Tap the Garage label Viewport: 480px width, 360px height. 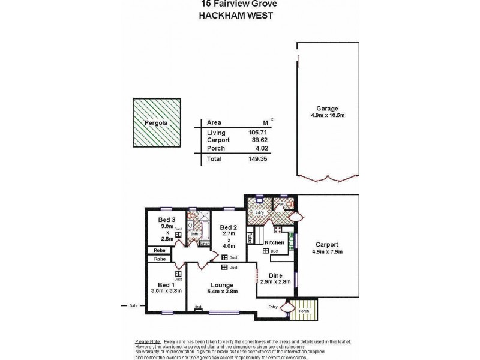327,109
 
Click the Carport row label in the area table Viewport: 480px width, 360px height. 218,139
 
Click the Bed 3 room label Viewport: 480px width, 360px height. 166,220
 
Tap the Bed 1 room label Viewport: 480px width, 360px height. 166,284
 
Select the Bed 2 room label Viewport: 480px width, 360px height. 229,227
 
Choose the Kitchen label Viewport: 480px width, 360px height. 274,242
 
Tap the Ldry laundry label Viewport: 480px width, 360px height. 260,212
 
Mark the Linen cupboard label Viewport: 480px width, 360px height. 204,244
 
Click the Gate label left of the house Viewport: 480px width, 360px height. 133,305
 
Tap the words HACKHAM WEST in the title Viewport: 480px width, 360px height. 235,16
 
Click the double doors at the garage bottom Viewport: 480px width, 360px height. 327,178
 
